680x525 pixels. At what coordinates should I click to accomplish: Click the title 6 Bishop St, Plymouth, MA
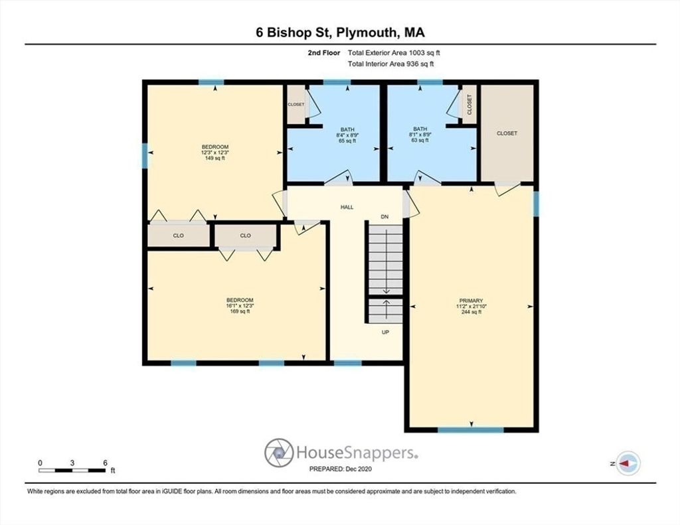[x=340, y=33]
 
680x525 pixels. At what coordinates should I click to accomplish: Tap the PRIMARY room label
[x=471, y=301]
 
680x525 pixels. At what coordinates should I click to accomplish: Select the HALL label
[x=347, y=207]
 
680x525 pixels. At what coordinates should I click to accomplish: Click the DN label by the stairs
[x=384, y=217]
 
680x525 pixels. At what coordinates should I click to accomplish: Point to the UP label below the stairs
[x=385, y=332]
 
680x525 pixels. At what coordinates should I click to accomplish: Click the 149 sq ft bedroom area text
[x=214, y=158]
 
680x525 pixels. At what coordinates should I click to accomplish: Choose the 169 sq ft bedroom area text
[x=240, y=311]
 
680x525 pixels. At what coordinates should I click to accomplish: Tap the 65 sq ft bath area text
[x=347, y=141]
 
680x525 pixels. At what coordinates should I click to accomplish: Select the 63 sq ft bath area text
[x=420, y=140]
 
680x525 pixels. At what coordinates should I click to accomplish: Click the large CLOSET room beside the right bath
[x=507, y=133]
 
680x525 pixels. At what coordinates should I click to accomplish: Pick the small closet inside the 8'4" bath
[x=296, y=104]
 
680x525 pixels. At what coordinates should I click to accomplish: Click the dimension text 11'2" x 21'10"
[x=471, y=306]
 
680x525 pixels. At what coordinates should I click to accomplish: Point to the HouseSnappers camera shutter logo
[x=279, y=453]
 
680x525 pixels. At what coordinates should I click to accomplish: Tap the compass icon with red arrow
[x=628, y=463]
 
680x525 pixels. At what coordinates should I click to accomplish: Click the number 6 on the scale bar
[x=105, y=463]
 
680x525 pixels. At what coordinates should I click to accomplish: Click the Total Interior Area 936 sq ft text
[x=390, y=64]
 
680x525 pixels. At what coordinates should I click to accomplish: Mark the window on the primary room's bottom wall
[x=471, y=429]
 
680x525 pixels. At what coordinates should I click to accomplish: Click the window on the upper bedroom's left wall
[x=145, y=155]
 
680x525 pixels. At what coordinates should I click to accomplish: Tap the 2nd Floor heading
[x=323, y=53]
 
